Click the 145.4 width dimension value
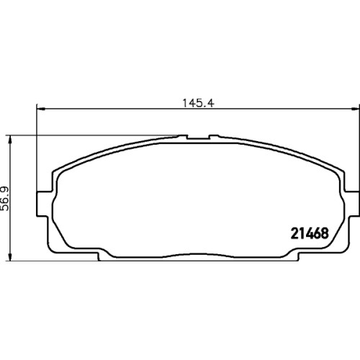pos(198,103)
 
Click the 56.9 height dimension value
pos(5,199)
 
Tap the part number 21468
pos(310,233)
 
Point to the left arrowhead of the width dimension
pos(41,109)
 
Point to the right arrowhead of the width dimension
pos(355,109)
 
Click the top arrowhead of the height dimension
pos(9,140)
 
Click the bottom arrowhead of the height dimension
pos(9,256)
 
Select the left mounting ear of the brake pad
pos(42,204)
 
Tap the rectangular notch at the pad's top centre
pos(198,137)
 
